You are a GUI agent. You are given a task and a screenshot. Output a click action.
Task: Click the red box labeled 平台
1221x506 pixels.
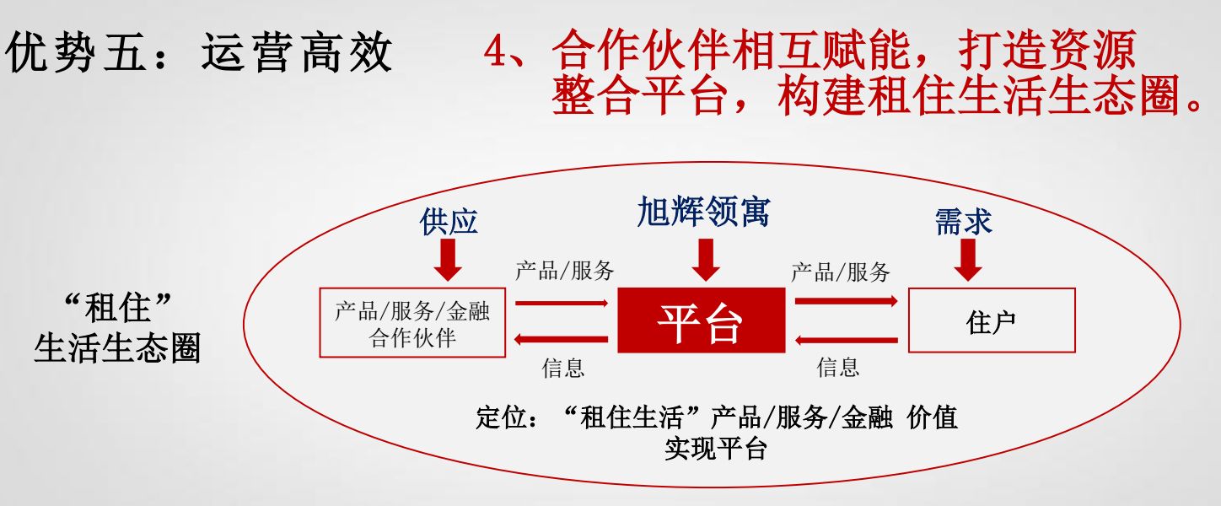pyautogui.click(x=701, y=320)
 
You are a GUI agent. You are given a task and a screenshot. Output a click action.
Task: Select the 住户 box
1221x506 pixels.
pyautogui.click(x=991, y=320)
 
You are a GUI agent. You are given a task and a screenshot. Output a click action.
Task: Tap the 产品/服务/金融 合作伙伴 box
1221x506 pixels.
pyautogui.click(x=412, y=322)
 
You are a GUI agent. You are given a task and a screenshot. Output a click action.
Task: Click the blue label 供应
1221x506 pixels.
pyautogui.click(x=449, y=221)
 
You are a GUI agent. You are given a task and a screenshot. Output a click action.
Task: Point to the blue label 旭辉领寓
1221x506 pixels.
pyautogui.click(x=702, y=212)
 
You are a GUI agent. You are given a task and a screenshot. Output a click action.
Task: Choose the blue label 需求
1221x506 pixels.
pyautogui.click(x=963, y=221)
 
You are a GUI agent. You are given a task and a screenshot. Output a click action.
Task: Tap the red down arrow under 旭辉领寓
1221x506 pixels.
pyautogui.click(x=704, y=260)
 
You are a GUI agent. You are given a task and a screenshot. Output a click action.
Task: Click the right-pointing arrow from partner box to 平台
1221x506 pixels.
pyautogui.click(x=561, y=302)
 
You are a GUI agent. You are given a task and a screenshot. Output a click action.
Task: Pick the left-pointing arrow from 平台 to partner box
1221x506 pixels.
pyautogui.click(x=561, y=339)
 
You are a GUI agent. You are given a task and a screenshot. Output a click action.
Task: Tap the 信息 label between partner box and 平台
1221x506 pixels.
pyautogui.click(x=562, y=368)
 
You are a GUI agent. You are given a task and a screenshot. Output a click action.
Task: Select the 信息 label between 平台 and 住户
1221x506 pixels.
pyautogui.click(x=838, y=367)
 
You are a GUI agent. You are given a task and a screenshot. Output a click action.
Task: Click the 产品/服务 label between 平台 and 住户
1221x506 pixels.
pyautogui.click(x=840, y=272)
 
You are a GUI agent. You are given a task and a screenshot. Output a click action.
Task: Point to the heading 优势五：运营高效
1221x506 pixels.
pyautogui.click(x=199, y=54)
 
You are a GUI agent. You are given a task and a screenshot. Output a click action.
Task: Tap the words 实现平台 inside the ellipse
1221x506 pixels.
pyautogui.click(x=715, y=449)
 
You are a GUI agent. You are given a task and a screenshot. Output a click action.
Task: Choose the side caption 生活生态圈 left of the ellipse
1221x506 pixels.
pyautogui.click(x=117, y=348)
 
